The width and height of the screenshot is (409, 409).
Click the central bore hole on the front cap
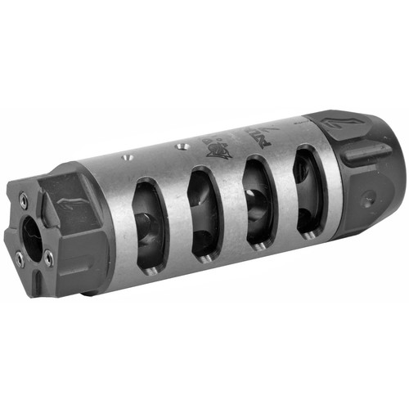[32, 236]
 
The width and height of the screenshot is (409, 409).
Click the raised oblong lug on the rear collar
[364, 151]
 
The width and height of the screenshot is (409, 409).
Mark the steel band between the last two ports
[286, 192]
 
